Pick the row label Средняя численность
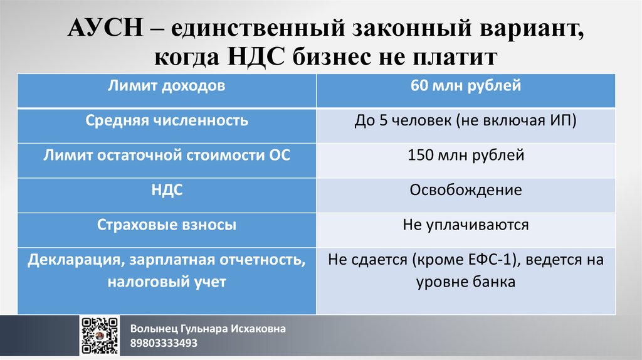[x=167, y=120]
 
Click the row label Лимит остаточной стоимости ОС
[x=167, y=155]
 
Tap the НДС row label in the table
[x=167, y=190]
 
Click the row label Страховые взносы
[x=167, y=225]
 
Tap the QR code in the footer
[x=100, y=336]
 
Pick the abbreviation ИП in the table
[x=562, y=121]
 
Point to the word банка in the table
[x=494, y=283]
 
